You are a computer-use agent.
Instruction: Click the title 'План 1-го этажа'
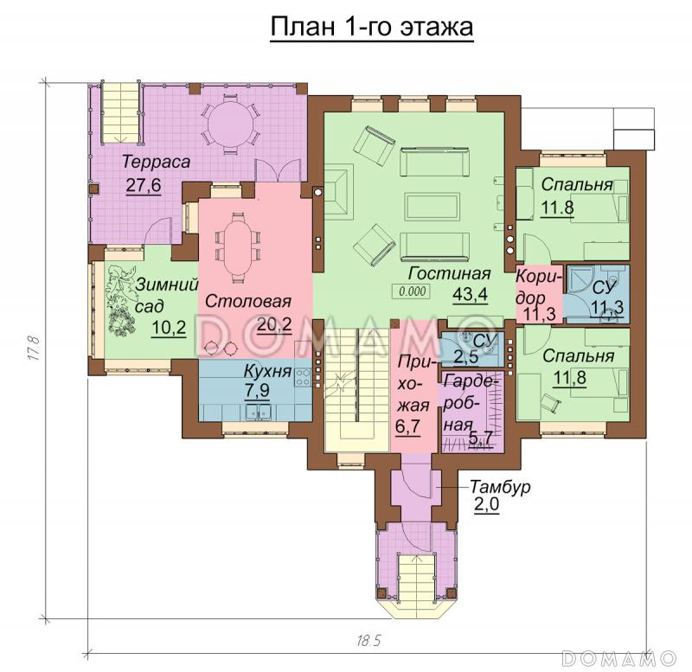pyautogui.click(x=372, y=28)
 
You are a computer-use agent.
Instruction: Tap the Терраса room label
pyautogui.click(x=157, y=162)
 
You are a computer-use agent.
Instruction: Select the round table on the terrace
pyautogui.click(x=230, y=124)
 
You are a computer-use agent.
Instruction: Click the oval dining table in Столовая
pyautogui.click(x=237, y=247)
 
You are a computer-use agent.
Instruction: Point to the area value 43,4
pyautogui.click(x=470, y=293)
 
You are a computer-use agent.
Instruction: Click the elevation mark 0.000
pyautogui.click(x=413, y=291)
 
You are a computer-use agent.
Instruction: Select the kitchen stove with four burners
pyautogui.click(x=303, y=377)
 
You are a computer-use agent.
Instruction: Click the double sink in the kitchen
pyautogui.click(x=259, y=413)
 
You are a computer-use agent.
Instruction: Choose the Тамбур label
pyautogui.click(x=500, y=487)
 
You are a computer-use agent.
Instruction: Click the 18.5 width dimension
pyautogui.click(x=368, y=640)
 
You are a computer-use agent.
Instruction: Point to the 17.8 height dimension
pyautogui.click(x=35, y=349)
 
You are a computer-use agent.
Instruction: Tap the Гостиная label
pyautogui.click(x=449, y=273)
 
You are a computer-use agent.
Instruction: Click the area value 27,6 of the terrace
pyautogui.click(x=144, y=186)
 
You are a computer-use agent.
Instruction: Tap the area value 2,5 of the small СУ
pyautogui.click(x=466, y=357)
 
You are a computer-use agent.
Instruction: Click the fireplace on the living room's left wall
pyautogui.click(x=338, y=189)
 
